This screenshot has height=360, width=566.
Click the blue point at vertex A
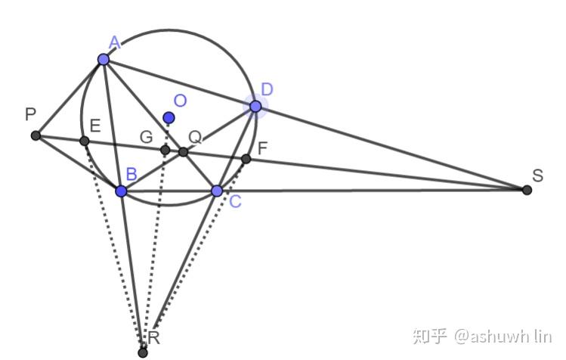tap(104, 59)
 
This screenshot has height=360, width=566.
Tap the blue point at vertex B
tap(121, 191)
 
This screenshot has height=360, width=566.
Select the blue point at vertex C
tap(217, 191)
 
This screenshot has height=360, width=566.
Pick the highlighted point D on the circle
tap(255, 107)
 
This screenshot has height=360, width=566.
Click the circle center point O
tap(169, 117)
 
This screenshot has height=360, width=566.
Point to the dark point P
tap(36, 135)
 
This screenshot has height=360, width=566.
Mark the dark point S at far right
tap(527, 190)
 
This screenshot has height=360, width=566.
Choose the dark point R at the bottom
tap(143, 352)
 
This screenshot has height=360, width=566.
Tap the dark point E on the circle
tap(84, 141)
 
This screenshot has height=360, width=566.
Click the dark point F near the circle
tap(246, 159)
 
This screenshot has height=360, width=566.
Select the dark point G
tap(165, 150)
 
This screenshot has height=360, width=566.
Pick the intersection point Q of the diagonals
tap(184, 152)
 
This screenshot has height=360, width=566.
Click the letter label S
tap(537, 175)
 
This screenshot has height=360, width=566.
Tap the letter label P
tap(31, 114)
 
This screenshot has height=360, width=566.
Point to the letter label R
tap(153, 338)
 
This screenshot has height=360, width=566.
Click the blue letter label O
tap(180, 101)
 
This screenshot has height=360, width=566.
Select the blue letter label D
tap(267, 89)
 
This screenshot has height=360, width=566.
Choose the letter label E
tap(95, 126)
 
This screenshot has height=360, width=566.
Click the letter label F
tap(262, 148)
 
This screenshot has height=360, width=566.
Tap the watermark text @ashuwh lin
tap(503, 337)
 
